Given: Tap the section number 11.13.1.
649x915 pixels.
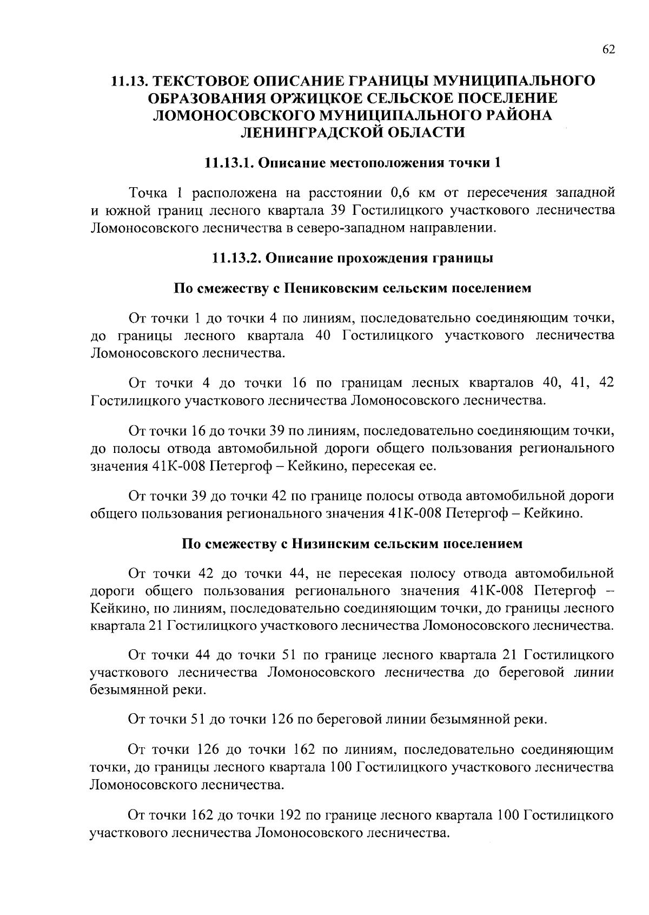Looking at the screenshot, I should pyautogui.click(x=229, y=163).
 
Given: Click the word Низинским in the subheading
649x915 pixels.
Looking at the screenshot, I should pyautogui.click(x=329, y=544).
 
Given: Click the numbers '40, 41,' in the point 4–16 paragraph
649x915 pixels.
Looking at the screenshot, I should pyautogui.click(x=565, y=383).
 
